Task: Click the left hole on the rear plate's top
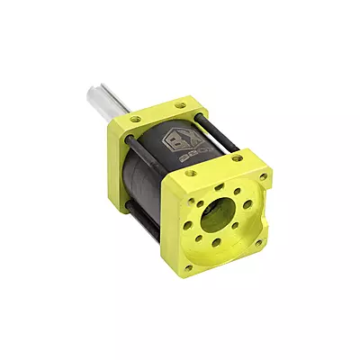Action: (135, 118)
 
